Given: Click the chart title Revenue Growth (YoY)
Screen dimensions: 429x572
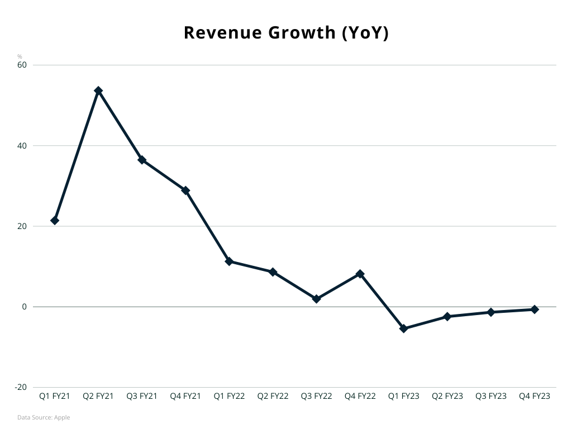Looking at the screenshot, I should click(286, 33).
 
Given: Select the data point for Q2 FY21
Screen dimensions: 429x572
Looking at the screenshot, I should click(98, 90).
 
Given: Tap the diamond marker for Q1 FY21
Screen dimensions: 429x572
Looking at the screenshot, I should click(55, 221).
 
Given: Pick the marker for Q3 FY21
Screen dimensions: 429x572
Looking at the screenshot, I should click(142, 160).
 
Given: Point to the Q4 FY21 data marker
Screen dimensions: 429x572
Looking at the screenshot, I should click(185, 190).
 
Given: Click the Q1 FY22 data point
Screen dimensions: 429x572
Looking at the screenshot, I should click(229, 261).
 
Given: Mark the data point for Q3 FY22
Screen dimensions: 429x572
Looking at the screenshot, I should click(317, 299).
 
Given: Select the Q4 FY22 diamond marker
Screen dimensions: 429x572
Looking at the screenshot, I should click(360, 274).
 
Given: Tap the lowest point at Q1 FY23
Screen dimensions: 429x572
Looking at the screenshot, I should click(404, 328).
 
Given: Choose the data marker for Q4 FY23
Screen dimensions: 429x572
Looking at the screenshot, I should click(535, 309).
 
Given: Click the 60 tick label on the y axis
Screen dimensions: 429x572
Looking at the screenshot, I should click(22, 65).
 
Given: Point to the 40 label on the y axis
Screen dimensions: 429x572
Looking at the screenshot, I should click(22, 146).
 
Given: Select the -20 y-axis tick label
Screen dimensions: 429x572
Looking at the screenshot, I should click(21, 387).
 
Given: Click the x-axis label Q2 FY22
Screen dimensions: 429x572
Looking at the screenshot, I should click(273, 396).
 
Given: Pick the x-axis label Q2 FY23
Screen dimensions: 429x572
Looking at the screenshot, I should click(447, 396).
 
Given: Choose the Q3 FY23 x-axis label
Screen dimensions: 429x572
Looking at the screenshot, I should click(491, 396).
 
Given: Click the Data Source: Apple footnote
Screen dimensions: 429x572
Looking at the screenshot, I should click(44, 417).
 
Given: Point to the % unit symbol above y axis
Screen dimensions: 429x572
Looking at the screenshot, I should click(20, 56).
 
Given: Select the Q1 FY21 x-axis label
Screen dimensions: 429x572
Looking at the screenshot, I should click(55, 396).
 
